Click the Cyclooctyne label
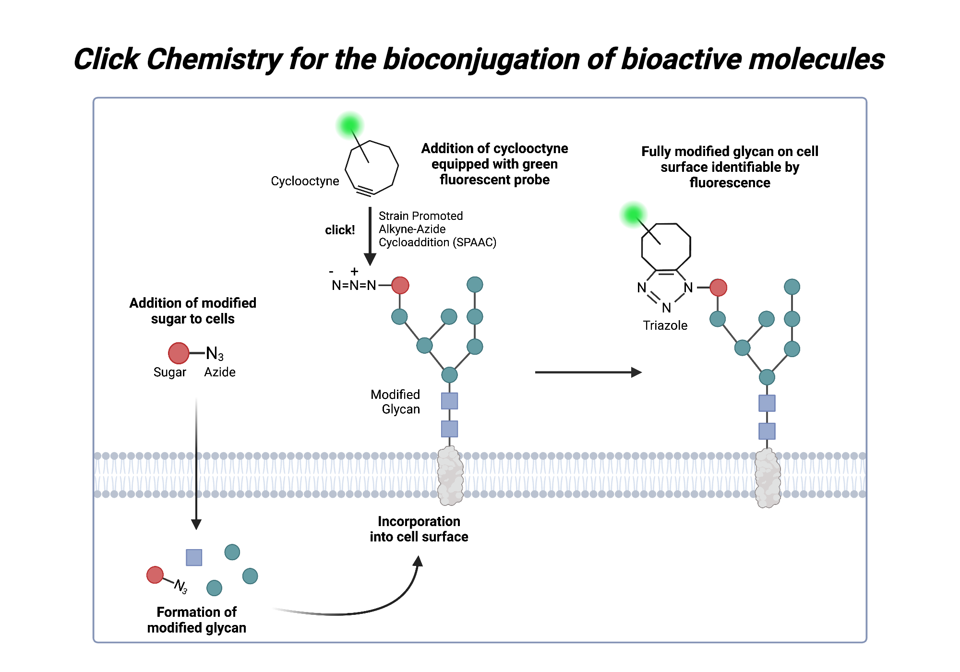tap(305, 181)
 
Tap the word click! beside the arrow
tap(340, 230)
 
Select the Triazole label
tap(665, 325)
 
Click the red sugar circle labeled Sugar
tap(179, 353)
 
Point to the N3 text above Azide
tap(215, 354)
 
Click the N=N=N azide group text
tap(354, 286)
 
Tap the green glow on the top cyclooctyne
tap(349, 125)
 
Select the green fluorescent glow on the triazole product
tap(633, 214)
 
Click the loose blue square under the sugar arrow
tap(194, 557)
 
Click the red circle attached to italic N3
tap(155, 575)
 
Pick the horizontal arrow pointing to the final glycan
tap(588, 372)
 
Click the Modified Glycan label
tap(396, 402)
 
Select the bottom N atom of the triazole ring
tap(666, 308)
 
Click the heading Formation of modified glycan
tap(196, 620)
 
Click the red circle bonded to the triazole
tap(718, 288)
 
